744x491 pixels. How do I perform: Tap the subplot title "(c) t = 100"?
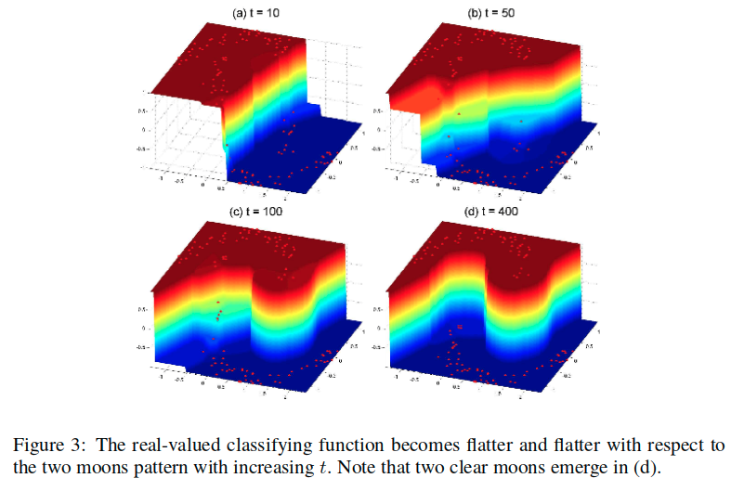click(255, 212)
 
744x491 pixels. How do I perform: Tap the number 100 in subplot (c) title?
click(273, 212)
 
